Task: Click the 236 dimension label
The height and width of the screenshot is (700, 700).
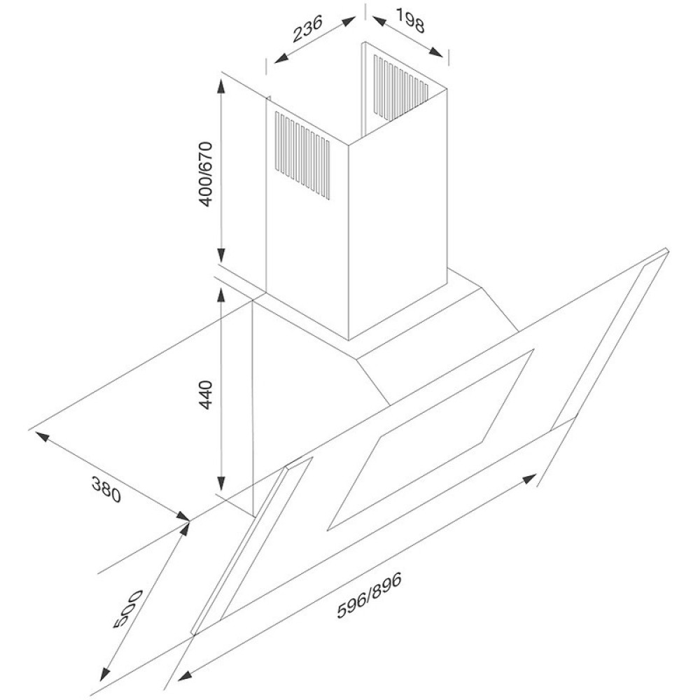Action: (x=307, y=29)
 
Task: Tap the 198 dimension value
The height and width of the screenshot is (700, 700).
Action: (x=409, y=20)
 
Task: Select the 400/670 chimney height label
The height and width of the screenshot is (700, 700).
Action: (x=205, y=174)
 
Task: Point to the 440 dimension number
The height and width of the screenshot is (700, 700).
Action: (x=206, y=395)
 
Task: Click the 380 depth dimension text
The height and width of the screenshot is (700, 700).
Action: (x=106, y=489)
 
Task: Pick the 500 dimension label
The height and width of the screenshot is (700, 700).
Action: (x=127, y=609)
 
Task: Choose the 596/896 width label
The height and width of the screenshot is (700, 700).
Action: (x=370, y=594)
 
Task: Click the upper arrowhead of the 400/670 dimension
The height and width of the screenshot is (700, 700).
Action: (x=220, y=87)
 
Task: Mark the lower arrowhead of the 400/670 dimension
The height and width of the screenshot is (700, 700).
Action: (x=220, y=255)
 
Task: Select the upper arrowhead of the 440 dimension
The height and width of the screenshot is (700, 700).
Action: (x=220, y=295)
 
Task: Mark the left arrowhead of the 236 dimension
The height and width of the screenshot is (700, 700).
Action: (x=281, y=58)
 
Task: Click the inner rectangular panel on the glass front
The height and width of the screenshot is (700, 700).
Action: (x=431, y=440)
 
